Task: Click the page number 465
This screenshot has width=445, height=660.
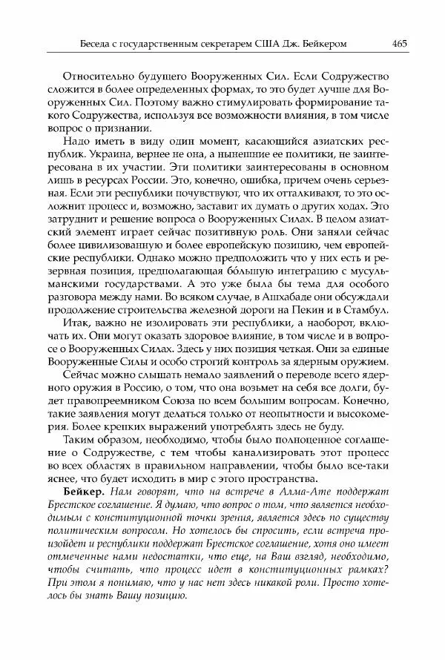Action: click(399, 43)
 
